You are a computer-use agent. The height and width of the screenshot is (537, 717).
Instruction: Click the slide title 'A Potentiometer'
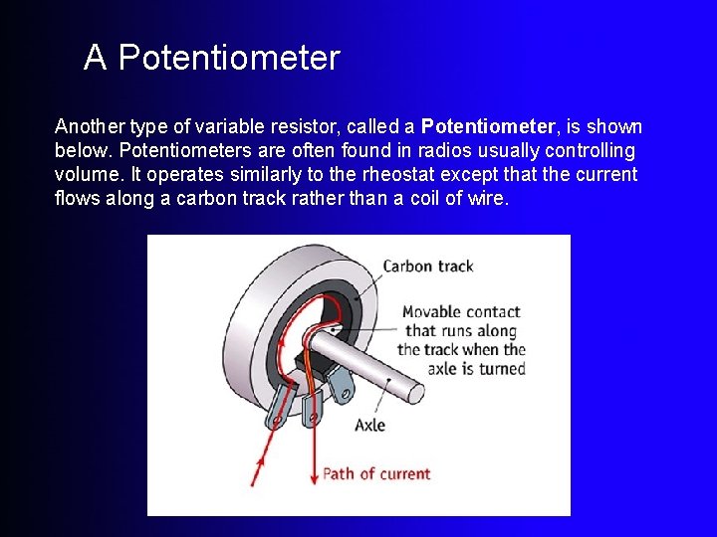[x=211, y=58]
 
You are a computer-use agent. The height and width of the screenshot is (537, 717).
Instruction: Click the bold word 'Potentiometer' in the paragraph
[x=488, y=127]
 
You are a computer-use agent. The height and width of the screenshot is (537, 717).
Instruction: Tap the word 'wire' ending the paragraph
[x=489, y=198]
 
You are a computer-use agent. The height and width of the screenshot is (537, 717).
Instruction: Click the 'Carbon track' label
[x=428, y=267]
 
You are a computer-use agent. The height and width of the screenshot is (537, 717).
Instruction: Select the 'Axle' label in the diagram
[x=369, y=426]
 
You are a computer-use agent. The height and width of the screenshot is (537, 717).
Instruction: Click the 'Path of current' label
[x=376, y=473]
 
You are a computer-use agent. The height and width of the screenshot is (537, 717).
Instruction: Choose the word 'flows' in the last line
[x=77, y=198]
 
